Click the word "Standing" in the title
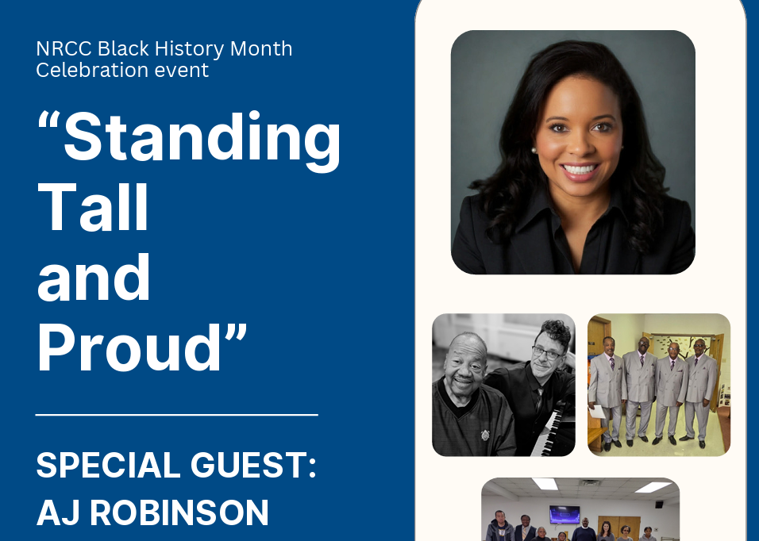(202, 138)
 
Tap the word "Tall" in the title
(93, 207)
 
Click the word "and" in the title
(94, 278)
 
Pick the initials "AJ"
(58, 513)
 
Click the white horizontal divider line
(176, 414)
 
